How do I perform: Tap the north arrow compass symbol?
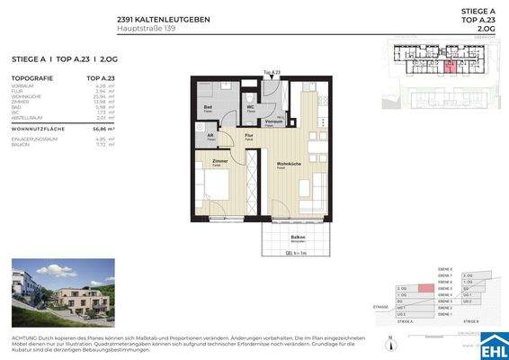[390, 340]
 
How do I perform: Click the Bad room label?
[208, 105]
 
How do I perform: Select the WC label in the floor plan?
[251, 107]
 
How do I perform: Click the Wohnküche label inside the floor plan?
[288, 164]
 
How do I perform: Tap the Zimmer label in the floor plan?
[219, 161]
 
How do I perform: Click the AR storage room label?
[210, 136]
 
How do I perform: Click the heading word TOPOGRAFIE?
[33, 78]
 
